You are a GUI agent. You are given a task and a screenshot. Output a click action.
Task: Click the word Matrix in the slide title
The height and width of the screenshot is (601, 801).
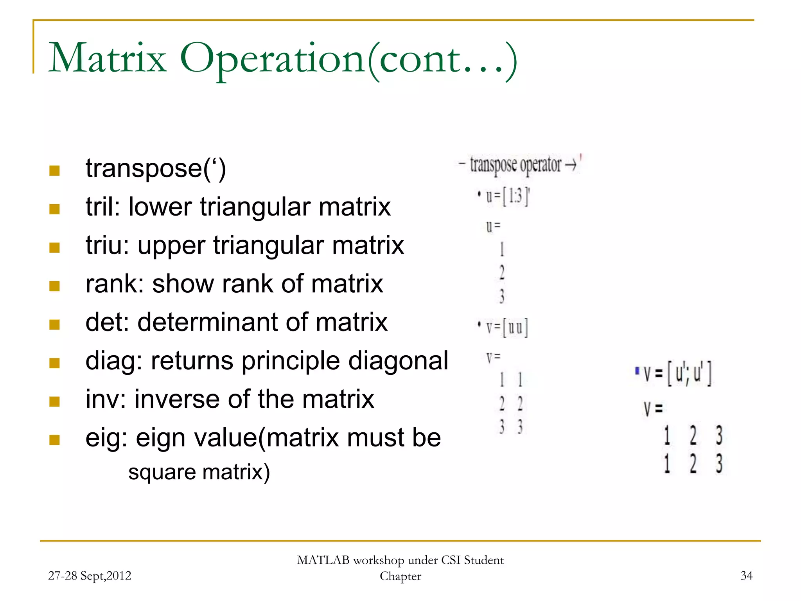click(x=108, y=59)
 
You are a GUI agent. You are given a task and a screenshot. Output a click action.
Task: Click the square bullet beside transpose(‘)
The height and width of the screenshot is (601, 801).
click(x=54, y=170)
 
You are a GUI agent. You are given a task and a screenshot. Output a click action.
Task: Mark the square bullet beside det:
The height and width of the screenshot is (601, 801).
click(x=54, y=324)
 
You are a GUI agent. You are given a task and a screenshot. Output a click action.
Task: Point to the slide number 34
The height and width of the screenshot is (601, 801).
click(x=746, y=576)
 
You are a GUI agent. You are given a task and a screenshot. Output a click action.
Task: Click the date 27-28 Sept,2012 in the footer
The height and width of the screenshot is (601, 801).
click(x=90, y=576)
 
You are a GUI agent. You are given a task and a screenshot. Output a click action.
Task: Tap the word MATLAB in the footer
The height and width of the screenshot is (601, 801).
click(x=323, y=560)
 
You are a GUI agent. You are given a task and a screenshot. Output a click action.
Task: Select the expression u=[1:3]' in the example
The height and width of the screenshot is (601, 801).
click(x=507, y=196)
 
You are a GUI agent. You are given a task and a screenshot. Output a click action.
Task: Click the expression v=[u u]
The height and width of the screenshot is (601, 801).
click(x=507, y=327)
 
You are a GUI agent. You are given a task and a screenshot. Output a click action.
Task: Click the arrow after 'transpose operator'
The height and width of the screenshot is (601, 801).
click(x=571, y=165)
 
